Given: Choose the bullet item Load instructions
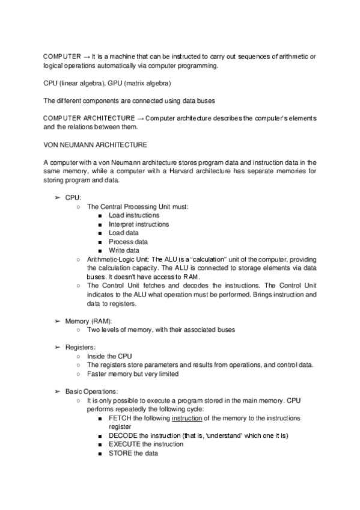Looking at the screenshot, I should (x=134, y=215).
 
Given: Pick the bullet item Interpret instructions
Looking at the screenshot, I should (x=138, y=224).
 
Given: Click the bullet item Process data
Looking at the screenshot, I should (x=128, y=242).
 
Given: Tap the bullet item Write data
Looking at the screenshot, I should (x=124, y=250).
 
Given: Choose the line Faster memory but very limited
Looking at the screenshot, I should (x=133, y=373).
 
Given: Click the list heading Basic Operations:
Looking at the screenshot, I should (x=92, y=391).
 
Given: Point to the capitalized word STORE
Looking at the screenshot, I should (x=120, y=453).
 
